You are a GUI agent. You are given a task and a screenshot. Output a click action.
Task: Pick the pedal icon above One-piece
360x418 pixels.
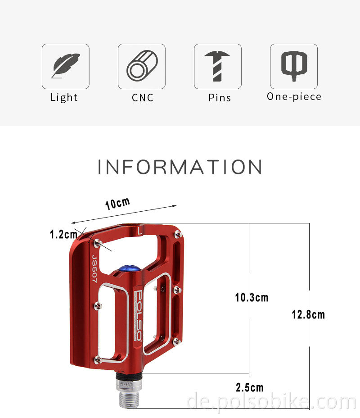pos(293,66)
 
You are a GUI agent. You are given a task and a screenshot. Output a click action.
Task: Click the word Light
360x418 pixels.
pos(64,97)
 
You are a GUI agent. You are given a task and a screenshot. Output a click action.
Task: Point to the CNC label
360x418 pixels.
pos(143,98)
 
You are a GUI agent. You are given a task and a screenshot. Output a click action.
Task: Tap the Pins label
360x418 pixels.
pos(220,98)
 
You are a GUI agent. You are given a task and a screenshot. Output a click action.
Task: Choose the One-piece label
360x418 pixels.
pos(294,96)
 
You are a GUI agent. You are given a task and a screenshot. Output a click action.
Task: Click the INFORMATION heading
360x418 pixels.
pos(180,167)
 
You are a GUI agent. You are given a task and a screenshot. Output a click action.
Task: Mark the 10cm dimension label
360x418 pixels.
pos(117,203)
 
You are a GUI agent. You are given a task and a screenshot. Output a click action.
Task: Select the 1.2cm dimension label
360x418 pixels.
pos(63,234)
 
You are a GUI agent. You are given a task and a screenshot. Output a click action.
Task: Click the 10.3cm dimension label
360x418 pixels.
pos(252,297)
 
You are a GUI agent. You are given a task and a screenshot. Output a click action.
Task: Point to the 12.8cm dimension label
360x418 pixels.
pos(308,314)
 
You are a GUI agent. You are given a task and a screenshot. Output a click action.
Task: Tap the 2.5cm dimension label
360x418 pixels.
pos(249,387)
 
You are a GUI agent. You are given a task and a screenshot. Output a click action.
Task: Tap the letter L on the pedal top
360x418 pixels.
pos(140,232)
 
